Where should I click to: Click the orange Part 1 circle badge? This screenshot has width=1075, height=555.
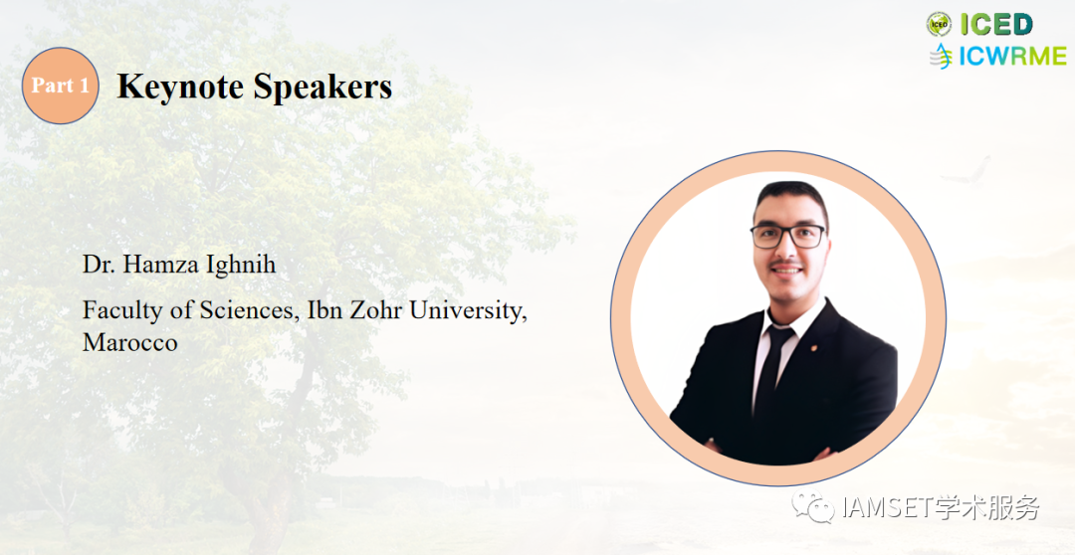61,86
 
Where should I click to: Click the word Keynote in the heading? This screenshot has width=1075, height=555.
179,87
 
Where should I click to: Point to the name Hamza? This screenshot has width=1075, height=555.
151,264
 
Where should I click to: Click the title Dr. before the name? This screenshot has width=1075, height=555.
99,264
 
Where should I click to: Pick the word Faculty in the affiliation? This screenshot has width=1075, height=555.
122,311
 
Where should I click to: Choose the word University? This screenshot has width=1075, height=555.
468,311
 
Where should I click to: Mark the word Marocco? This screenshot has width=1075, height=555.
130,342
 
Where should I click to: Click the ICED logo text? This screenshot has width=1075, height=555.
996,25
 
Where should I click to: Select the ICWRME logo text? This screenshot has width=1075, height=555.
1012,56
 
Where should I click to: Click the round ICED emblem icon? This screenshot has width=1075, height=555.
940,25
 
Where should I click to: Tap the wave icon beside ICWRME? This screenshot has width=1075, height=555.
942,56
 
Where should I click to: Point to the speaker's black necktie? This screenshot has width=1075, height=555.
771,371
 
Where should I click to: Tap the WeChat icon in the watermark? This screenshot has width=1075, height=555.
813,505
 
